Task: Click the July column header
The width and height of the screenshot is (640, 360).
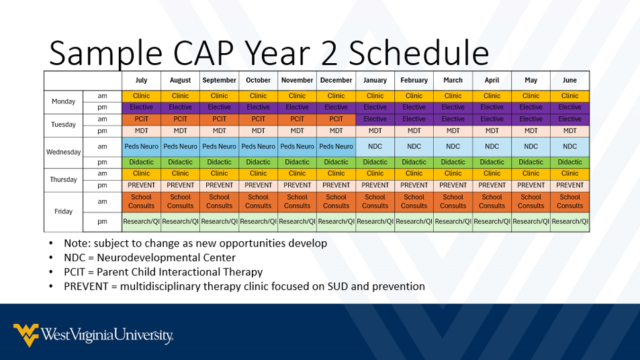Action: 141,80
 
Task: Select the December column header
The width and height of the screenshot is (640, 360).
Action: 336,80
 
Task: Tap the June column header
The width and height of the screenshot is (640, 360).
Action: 569,80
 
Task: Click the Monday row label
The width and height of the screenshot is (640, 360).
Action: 64,101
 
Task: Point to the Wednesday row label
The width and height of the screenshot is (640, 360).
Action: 64,152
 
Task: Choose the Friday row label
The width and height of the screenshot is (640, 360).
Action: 64,212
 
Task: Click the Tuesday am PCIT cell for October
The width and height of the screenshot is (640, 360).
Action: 258,119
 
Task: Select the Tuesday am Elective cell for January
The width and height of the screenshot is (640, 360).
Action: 375,119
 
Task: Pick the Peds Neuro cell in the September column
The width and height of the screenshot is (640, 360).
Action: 219,146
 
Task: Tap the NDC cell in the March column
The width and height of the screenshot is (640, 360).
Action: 453,146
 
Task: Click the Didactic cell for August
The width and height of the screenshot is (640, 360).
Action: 180,162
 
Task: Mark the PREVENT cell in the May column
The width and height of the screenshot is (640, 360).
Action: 531,185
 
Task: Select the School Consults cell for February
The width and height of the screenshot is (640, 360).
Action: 414,201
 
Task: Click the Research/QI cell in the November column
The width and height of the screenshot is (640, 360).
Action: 297,221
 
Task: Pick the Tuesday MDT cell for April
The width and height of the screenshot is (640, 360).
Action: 492,131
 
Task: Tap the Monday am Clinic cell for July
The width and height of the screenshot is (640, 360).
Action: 141,96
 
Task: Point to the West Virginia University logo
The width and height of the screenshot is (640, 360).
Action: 93,334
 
